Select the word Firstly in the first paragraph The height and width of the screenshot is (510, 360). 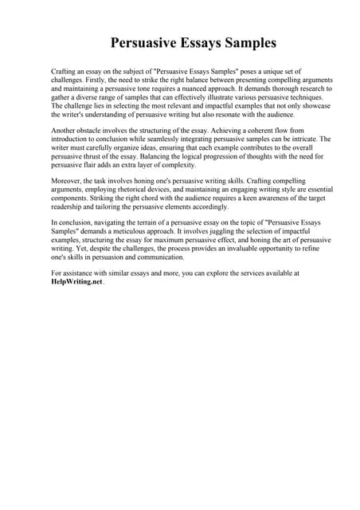coord(109,80)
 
